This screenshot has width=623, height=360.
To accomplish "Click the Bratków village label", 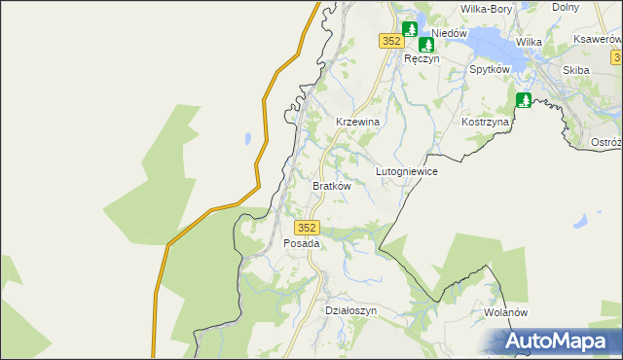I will (x=330, y=185).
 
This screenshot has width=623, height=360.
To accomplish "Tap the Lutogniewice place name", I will (x=407, y=170).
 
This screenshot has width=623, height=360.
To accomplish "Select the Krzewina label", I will (x=356, y=121).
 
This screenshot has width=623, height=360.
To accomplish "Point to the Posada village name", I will (x=301, y=243).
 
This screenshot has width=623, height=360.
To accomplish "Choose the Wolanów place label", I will (x=505, y=312).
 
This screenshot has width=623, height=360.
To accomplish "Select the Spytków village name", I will (x=490, y=70).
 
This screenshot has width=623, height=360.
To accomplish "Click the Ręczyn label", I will (x=422, y=58).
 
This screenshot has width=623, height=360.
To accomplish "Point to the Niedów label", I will (x=450, y=33).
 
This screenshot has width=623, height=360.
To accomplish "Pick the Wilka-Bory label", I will (x=486, y=9).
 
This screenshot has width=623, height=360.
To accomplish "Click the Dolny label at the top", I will (x=593, y=7).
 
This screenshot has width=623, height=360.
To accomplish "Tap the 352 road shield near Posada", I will (x=307, y=226).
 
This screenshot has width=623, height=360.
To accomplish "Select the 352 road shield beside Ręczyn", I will (x=390, y=41).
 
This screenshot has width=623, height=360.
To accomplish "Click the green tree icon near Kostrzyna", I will (x=524, y=99).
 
